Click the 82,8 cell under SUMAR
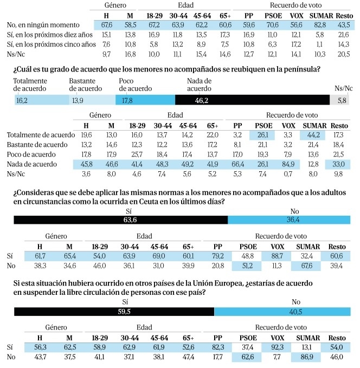(x=320, y=25)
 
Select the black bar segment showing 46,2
(x=252, y=100)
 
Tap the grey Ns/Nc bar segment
(x=339, y=100)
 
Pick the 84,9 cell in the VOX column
(x=288, y=164)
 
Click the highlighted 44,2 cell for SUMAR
(x=313, y=135)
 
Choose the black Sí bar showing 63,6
(x=121, y=219)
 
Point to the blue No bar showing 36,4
(x=289, y=219)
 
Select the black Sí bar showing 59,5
(x=114, y=312)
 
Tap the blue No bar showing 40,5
(x=282, y=312)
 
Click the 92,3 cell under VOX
(x=277, y=347)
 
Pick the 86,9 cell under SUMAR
(x=307, y=357)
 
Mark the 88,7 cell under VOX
(x=277, y=256)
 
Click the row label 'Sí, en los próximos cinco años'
(x=52, y=44)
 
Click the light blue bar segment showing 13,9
(x=92, y=100)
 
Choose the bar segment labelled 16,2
(x=42, y=100)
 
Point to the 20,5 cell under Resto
(x=344, y=54)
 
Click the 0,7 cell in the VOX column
(x=288, y=174)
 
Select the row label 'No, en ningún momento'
(x=43, y=25)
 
